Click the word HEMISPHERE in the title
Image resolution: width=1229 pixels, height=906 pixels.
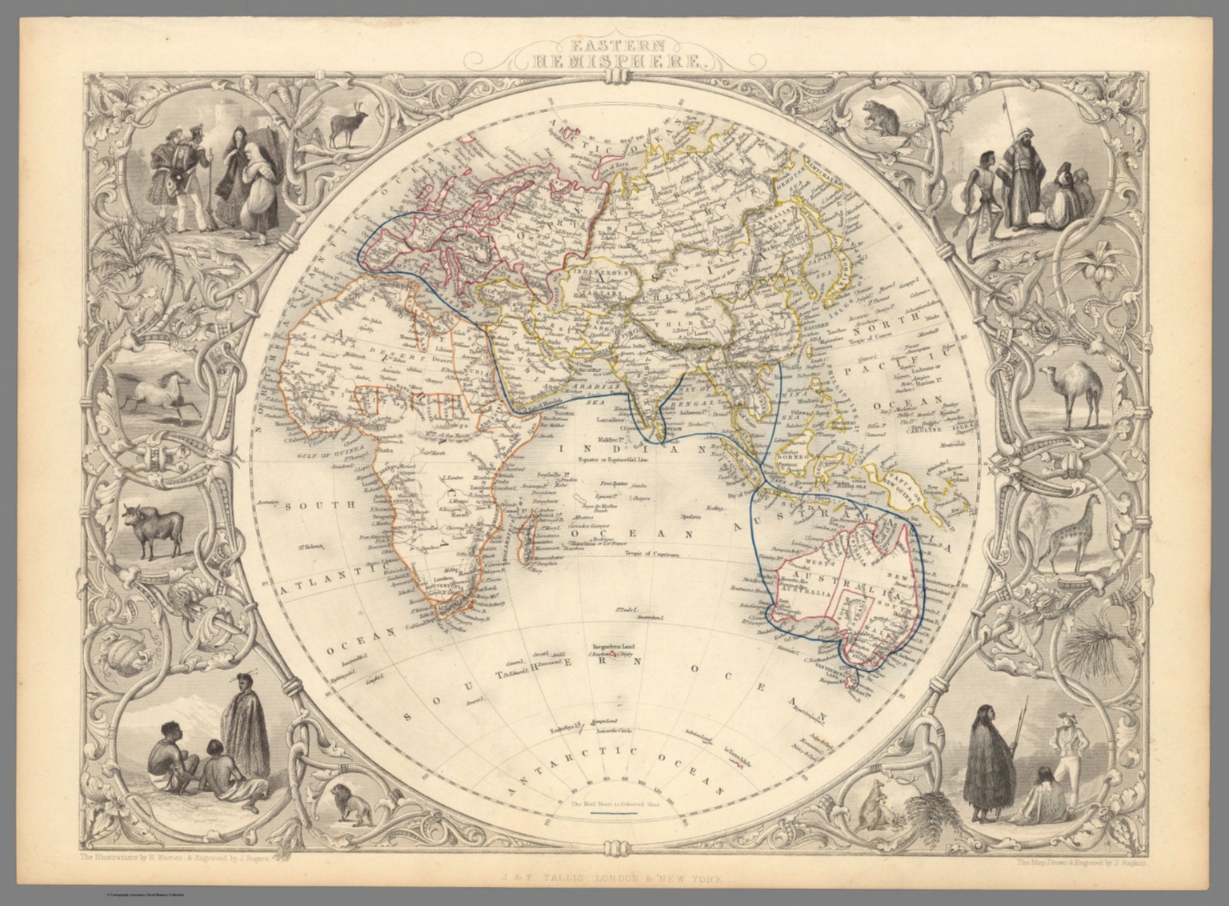click(x=614, y=58)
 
